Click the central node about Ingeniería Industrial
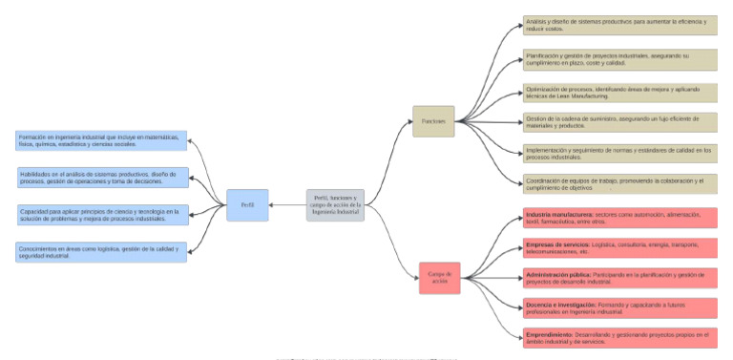coord(335,205)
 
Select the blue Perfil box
coord(247,205)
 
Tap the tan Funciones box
coord(433,121)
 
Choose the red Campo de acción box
coord(439,278)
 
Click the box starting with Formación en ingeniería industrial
coord(102,140)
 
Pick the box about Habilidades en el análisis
coord(102,178)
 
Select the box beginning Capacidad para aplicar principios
coord(102,215)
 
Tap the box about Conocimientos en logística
coord(102,252)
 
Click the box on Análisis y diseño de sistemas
coord(619,25)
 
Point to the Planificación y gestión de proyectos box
coord(619,60)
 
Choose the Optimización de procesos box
coord(619,93)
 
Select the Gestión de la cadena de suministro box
coord(619,122)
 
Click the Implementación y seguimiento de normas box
coord(619,153)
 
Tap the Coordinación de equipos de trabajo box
coord(619,182)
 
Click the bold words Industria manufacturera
coord(558,215)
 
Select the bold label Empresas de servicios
coord(556,244)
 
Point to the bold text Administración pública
coord(558,274)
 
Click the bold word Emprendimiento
coord(553,334)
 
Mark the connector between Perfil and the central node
coord(287,205)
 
